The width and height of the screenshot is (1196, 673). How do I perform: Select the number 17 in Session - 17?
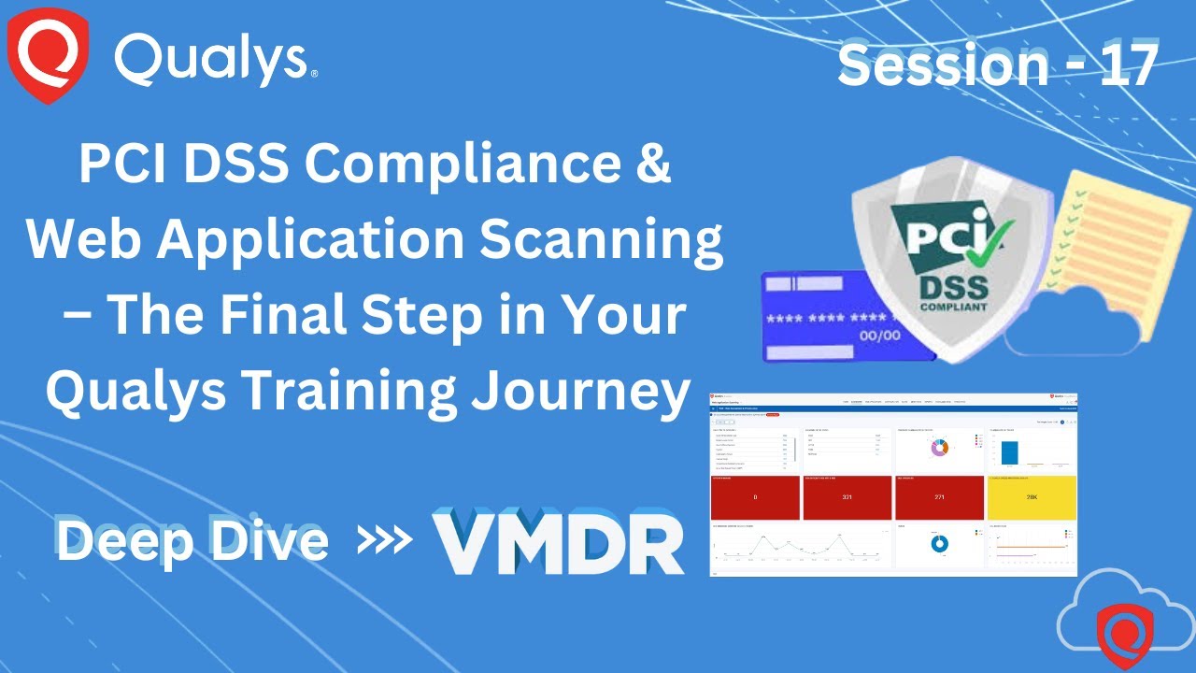1129,64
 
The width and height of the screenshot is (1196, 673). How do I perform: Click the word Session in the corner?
943,64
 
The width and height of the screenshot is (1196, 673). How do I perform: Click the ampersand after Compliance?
656,165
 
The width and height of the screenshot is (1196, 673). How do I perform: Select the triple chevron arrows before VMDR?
386,541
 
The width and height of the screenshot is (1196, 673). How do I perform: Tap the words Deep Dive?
192,541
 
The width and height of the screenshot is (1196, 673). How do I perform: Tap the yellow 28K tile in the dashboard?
1031,497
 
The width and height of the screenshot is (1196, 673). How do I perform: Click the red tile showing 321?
847,497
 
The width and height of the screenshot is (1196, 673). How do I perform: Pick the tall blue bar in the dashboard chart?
1009,452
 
